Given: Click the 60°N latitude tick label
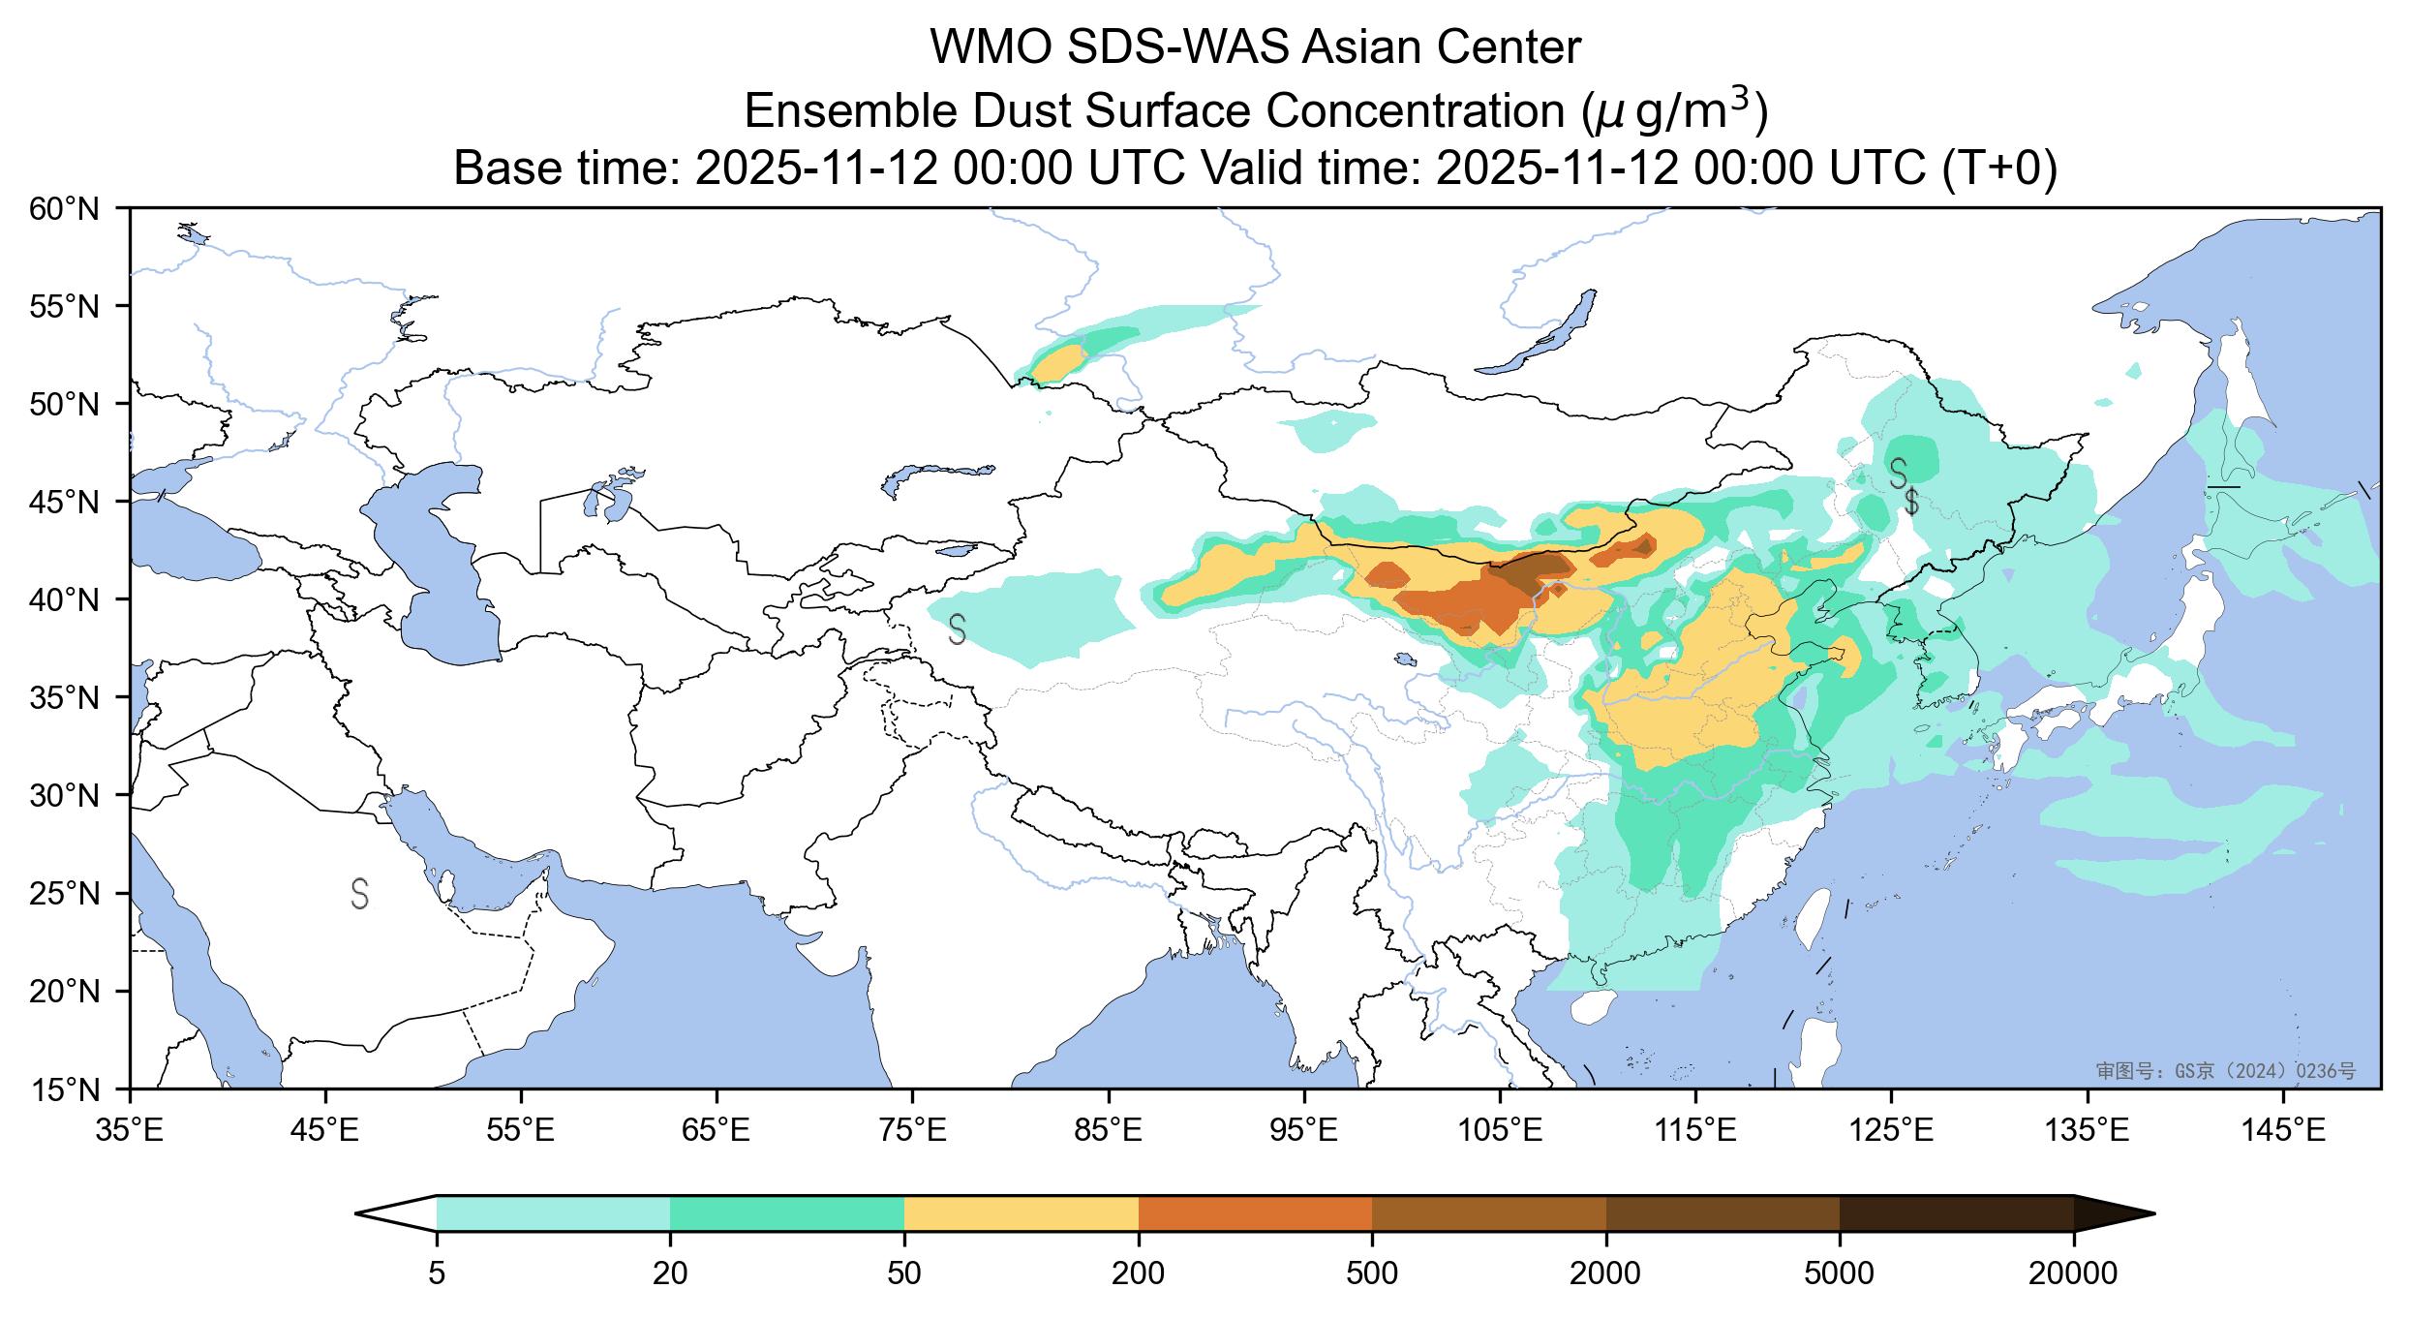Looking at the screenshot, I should click(x=65, y=208).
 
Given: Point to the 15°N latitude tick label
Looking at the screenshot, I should click(x=65, y=1090).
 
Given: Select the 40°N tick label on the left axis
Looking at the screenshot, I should click(x=65, y=600).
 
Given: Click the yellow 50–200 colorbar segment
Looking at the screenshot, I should click(x=1021, y=1213).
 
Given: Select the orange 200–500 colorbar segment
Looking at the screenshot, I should click(x=1255, y=1213).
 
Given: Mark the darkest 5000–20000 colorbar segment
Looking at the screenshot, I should click(x=1956, y=1213).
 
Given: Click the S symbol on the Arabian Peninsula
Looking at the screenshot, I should click(x=359, y=894).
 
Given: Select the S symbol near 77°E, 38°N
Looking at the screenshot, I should click(x=957, y=629).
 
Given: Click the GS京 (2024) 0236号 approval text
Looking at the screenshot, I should click(x=2226, y=1071).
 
